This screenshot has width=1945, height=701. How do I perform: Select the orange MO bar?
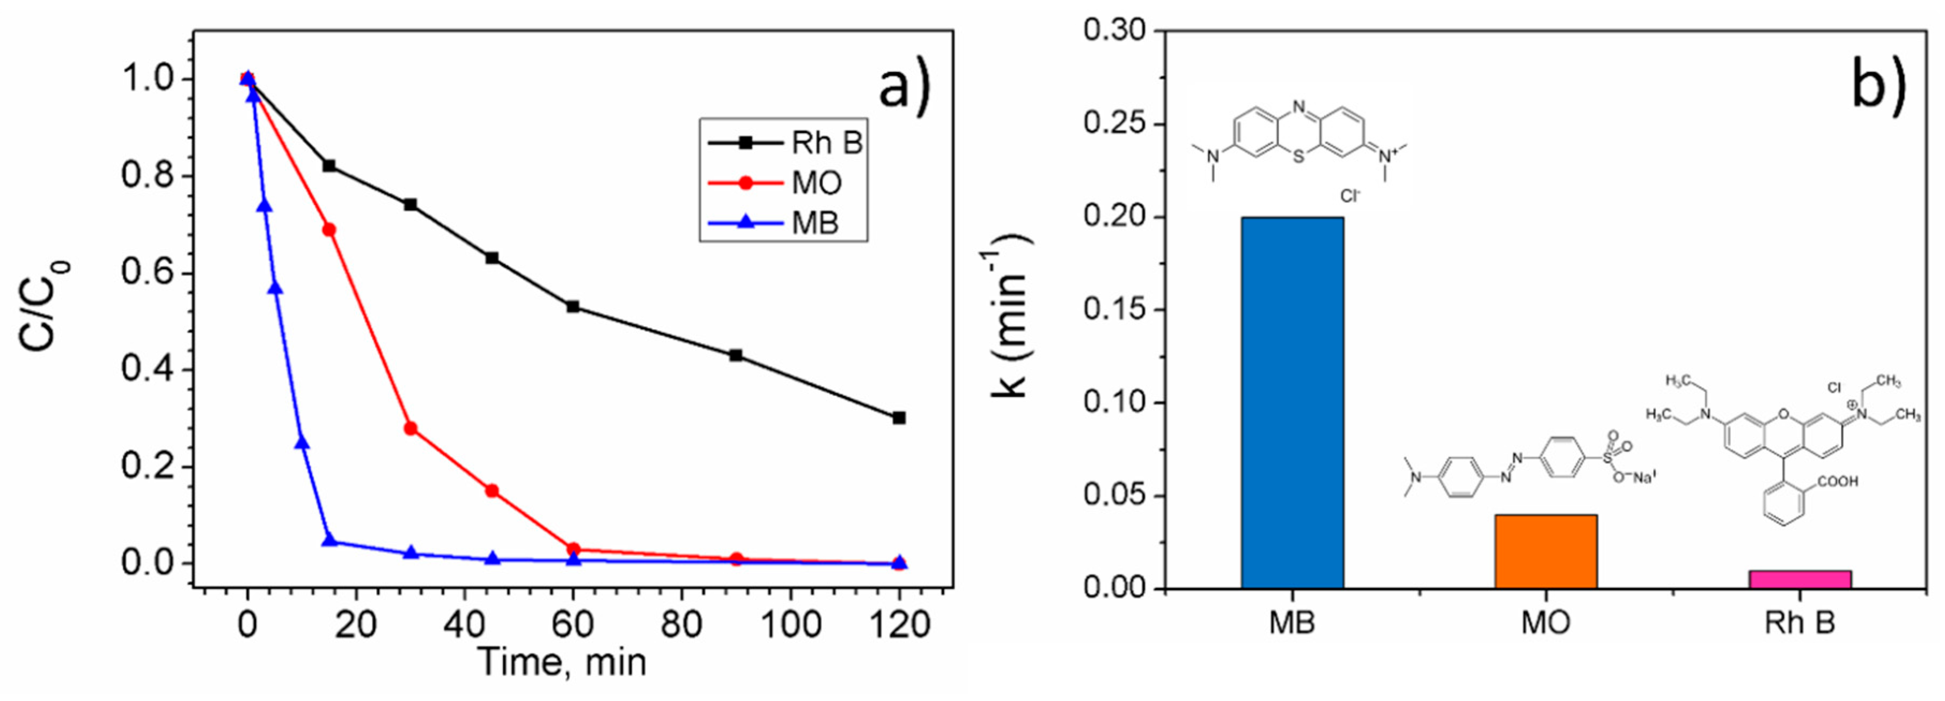point(1546,551)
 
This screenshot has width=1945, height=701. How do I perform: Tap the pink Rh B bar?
point(1799,579)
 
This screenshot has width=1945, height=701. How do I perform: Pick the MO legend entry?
point(786,182)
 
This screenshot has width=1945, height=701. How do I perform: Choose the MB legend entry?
point(786,223)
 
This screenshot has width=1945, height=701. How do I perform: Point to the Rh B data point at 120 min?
point(899,417)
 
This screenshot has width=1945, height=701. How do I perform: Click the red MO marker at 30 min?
point(411,428)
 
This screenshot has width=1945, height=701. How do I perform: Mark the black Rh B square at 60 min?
point(573,306)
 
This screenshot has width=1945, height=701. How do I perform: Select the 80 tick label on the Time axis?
point(682,625)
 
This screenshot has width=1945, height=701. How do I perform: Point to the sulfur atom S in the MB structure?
point(1297,158)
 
